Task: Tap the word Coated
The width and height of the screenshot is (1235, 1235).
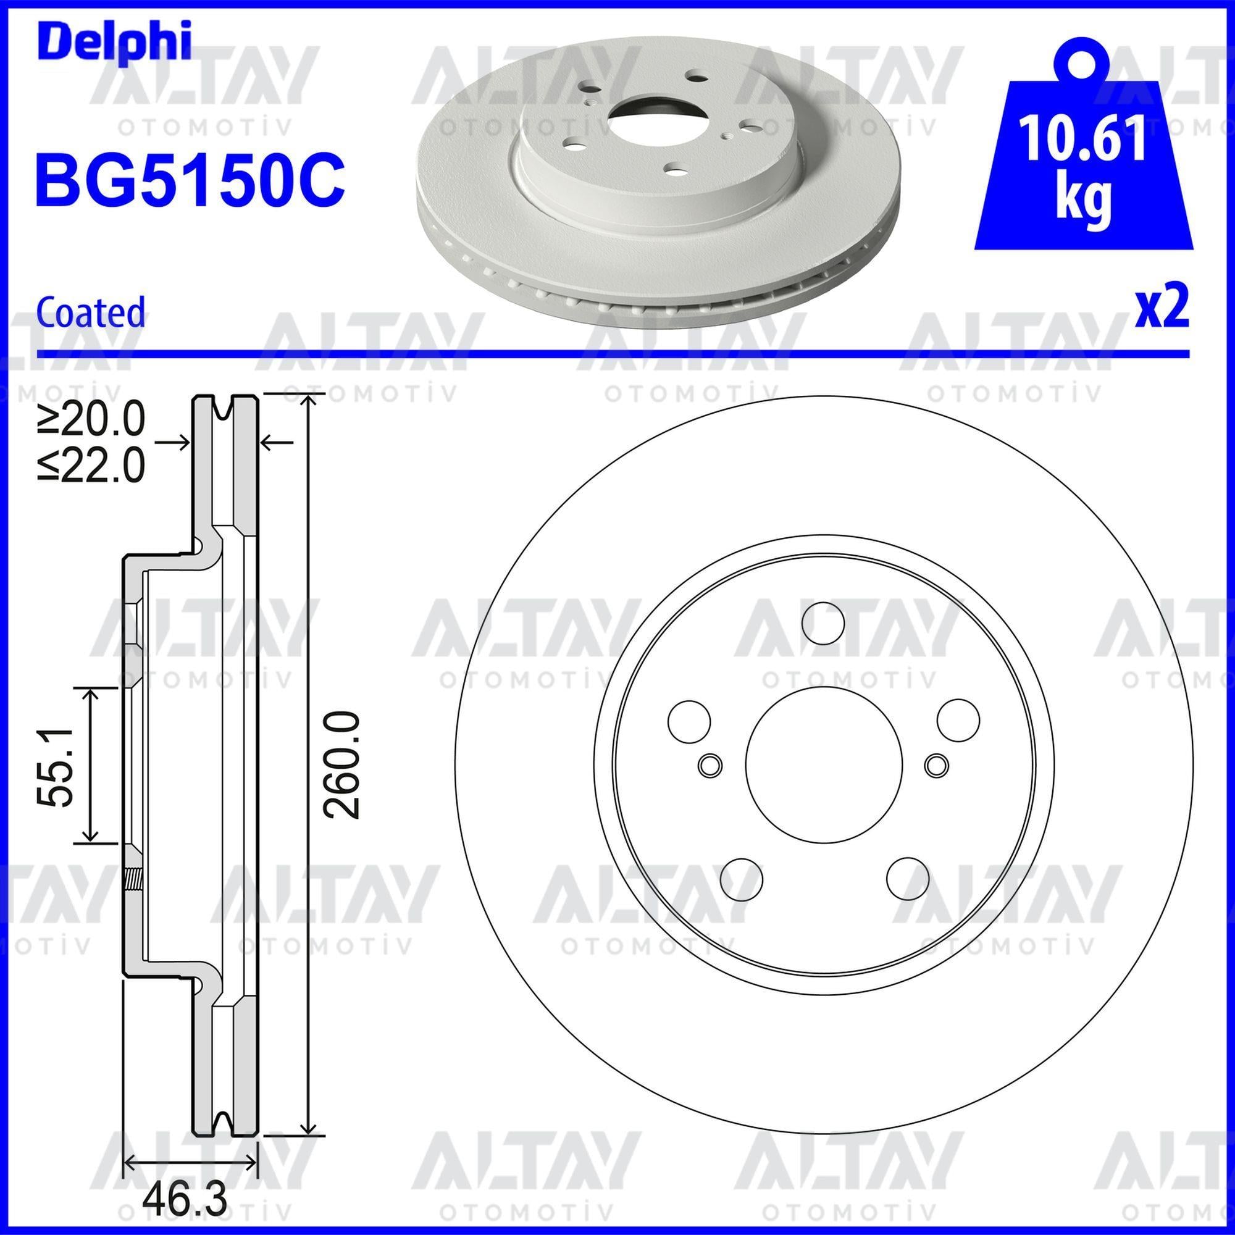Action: pos(91,312)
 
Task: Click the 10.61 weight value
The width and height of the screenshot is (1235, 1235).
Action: pos(1083,138)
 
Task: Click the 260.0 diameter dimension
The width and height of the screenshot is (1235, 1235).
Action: pos(342,764)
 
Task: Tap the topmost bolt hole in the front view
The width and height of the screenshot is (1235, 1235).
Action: pos(823,621)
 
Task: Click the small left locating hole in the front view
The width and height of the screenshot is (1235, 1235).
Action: pos(710,764)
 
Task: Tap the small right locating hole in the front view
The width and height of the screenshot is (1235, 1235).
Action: pos(937,764)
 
